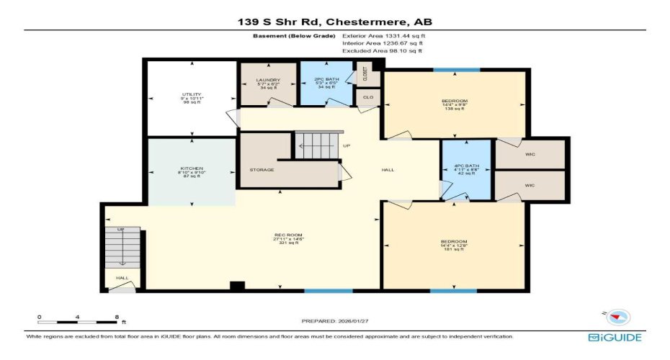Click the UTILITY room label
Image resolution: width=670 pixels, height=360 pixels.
pyautogui.click(x=192, y=95)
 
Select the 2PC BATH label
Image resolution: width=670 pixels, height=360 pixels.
pyautogui.click(x=326, y=80)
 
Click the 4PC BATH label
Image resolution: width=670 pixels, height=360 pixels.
pyautogui.click(x=465, y=168)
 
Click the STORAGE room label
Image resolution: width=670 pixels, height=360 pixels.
pyautogui.click(x=262, y=171)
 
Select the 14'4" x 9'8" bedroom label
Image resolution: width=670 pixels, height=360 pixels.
pyautogui.click(x=455, y=100)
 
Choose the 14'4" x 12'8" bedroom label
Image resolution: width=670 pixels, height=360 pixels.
pyautogui.click(x=455, y=241)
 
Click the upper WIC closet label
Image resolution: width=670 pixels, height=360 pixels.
pyautogui.click(x=530, y=155)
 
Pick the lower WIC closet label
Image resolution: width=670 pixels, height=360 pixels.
pyautogui.click(x=530, y=185)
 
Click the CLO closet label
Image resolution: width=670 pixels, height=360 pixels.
pyautogui.click(x=367, y=96)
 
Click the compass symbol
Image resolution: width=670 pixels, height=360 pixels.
pyautogui.click(x=618, y=317)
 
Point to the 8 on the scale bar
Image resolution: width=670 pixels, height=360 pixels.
pyautogui.click(x=117, y=317)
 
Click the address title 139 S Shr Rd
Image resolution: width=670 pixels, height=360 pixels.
pyautogui.click(x=335, y=22)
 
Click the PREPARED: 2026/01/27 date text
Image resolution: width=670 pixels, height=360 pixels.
pyautogui.click(x=335, y=321)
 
